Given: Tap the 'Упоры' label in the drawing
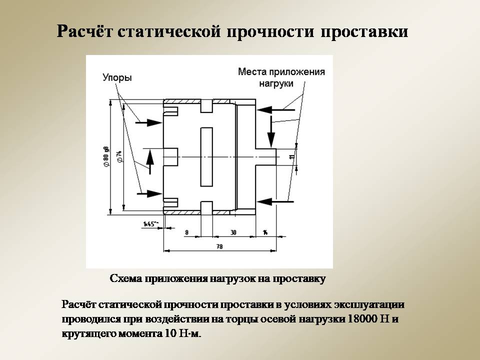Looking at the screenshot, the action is [x=117, y=78].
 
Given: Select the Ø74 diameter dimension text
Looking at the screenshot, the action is [x=119, y=156].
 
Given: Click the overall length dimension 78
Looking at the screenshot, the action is [x=219, y=246].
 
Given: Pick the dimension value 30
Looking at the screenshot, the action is [x=233, y=232].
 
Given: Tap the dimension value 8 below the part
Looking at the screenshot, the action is [x=186, y=232].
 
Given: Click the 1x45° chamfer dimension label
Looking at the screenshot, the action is [x=150, y=223].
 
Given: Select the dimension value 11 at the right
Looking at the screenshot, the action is [x=291, y=156].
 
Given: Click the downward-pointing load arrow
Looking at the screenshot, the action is [x=271, y=132].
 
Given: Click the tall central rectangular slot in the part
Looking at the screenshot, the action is [x=205, y=156].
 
